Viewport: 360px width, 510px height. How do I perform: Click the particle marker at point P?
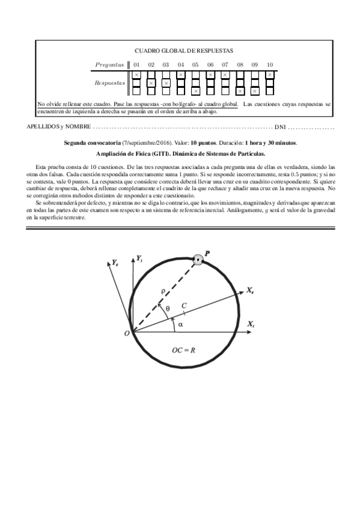197,260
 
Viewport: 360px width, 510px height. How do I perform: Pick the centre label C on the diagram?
183,306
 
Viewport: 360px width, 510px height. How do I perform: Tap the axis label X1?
251,324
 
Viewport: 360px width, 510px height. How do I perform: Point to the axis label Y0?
114,263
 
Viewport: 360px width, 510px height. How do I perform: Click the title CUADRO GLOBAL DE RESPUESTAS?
183,52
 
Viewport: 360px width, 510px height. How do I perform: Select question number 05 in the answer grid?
195,64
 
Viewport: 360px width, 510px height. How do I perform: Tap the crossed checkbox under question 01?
136,75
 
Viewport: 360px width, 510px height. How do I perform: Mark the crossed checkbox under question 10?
270,75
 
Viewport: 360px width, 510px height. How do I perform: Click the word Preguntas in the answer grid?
109,64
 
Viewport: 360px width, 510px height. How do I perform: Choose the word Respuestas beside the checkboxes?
109,83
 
